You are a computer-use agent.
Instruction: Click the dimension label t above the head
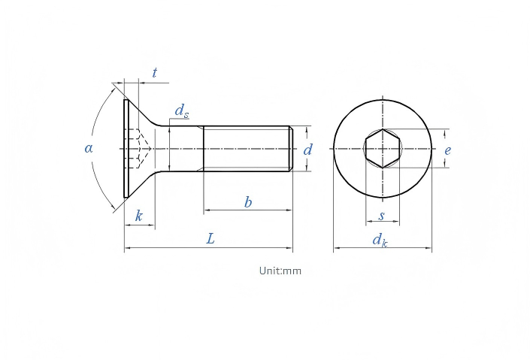pyautogui.click(x=154, y=72)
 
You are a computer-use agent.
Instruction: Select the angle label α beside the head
pyautogui.click(x=89, y=148)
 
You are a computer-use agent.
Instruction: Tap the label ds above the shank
pyautogui.click(x=182, y=111)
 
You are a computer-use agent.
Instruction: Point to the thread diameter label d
pyautogui.click(x=307, y=150)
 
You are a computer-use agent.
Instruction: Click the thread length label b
pyautogui.click(x=248, y=202)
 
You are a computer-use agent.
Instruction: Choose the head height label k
pyautogui.click(x=139, y=216)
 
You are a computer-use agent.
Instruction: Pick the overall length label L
pyautogui.click(x=210, y=239)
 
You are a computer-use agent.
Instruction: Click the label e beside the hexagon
pyautogui.click(x=447, y=150)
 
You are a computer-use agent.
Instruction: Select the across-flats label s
pyautogui.click(x=382, y=216)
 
